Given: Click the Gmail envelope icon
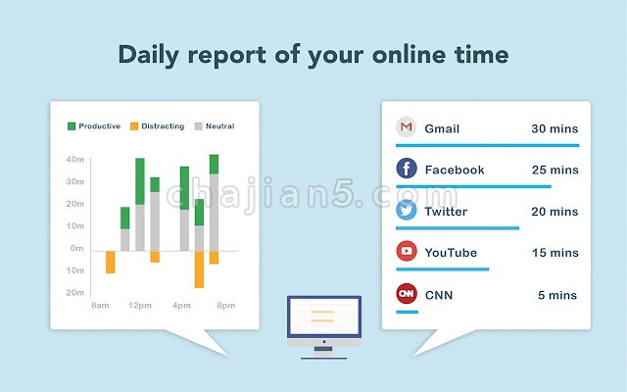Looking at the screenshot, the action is (x=407, y=127).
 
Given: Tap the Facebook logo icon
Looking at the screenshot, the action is (x=407, y=169).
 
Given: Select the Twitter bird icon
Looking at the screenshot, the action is (x=407, y=210).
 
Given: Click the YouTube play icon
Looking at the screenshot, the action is (x=407, y=251).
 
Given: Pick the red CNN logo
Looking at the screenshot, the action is (x=407, y=294).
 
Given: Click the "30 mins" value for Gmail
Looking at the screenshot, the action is (x=555, y=128).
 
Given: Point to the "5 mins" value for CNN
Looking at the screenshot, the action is (x=557, y=295).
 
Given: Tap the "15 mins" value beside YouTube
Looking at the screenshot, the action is (x=555, y=253).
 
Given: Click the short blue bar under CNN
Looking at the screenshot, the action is (x=408, y=312).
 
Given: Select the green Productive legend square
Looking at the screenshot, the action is (x=72, y=126).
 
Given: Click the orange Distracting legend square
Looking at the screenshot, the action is (x=134, y=126).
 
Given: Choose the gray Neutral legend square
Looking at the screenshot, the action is (x=199, y=126).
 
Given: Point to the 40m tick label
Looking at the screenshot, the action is (x=75, y=160).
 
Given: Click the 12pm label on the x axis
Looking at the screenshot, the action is (x=140, y=306).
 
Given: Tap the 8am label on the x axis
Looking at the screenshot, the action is (x=100, y=306).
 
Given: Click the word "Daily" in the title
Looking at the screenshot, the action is (x=148, y=55).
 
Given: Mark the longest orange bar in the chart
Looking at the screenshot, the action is (x=199, y=269).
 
